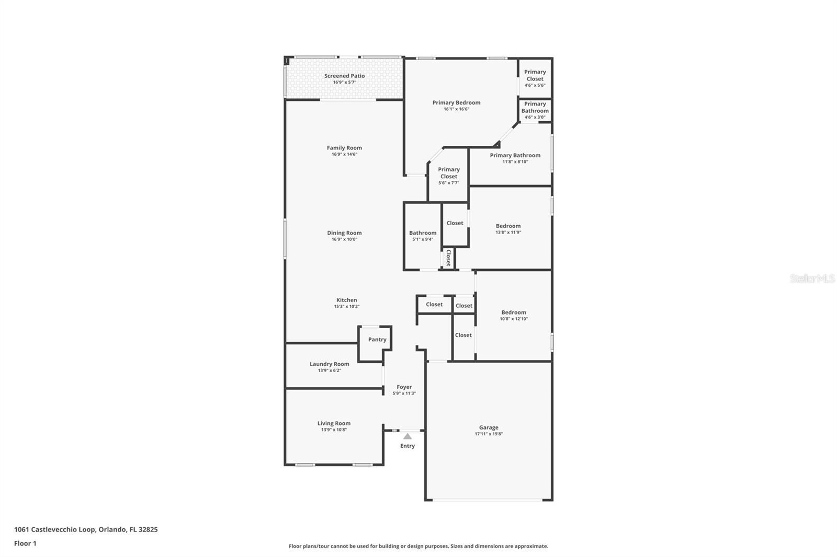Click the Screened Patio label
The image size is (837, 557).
point(344,76)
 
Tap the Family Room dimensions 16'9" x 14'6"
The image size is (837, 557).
point(344,155)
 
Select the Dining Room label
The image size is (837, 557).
point(344,233)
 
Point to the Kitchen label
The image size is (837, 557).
point(346,300)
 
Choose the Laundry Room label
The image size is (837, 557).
point(329,364)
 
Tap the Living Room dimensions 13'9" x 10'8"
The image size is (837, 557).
point(334,430)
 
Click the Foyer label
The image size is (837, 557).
point(404,387)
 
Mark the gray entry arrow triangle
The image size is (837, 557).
point(408,436)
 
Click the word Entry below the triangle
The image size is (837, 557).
point(408,446)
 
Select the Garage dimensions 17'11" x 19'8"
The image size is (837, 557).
point(489,434)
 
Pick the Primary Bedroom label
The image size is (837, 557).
point(456,102)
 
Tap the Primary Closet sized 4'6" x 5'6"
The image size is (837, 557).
point(535,78)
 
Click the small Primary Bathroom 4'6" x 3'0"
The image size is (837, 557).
point(535,110)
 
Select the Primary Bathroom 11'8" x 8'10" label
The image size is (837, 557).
point(515,155)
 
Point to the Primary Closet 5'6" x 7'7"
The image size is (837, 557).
point(449,176)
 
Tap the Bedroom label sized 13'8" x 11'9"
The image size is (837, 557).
point(508,226)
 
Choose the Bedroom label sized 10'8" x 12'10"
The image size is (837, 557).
point(513,312)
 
